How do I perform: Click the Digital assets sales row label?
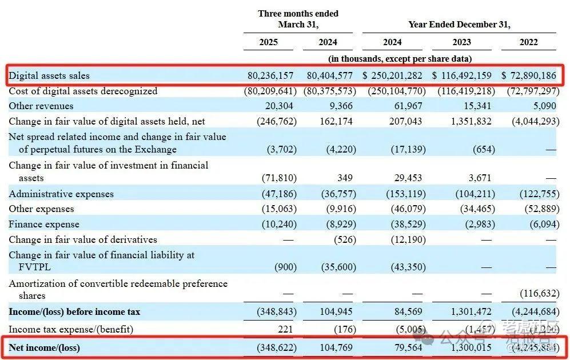click(49, 75)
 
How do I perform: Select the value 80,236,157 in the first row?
click(271, 75)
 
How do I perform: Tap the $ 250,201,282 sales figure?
click(392, 75)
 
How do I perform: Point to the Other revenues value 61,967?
click(411, 106)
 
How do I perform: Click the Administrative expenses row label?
click(61, 194)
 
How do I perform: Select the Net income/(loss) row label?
click(44, 347)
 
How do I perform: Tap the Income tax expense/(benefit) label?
click(70, 329)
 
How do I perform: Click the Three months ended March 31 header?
click(298, 19)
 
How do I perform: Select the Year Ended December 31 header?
click(459, 25)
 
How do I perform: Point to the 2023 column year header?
click(462, 42)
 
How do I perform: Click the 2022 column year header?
click(528, 42)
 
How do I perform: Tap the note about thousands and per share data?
click(400, 58)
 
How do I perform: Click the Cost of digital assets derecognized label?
click(83, 91)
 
